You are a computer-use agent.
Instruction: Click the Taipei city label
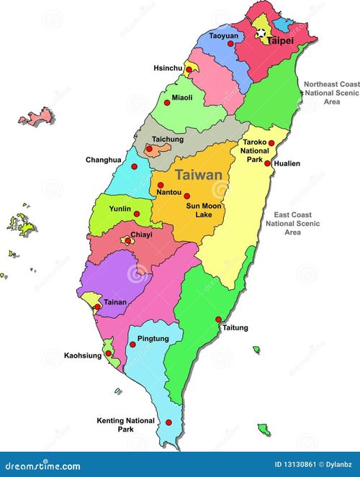coord(281,42)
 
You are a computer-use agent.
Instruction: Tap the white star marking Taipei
coord(261,32)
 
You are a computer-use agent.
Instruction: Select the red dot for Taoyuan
coord(230,43)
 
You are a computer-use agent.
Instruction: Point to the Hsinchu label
coord(168,68)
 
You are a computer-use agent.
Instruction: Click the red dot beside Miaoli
coord(191,88)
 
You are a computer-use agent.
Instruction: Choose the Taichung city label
coord(168,140)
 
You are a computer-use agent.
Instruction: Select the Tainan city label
coord(115,303)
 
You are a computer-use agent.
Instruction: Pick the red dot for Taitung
coord(219,319)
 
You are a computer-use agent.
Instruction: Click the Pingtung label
coord(153,338)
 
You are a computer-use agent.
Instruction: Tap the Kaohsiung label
coord(82,355)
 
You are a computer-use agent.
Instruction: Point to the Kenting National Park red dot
coord(169,424)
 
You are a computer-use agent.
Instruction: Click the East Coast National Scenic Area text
coord(292,223)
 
